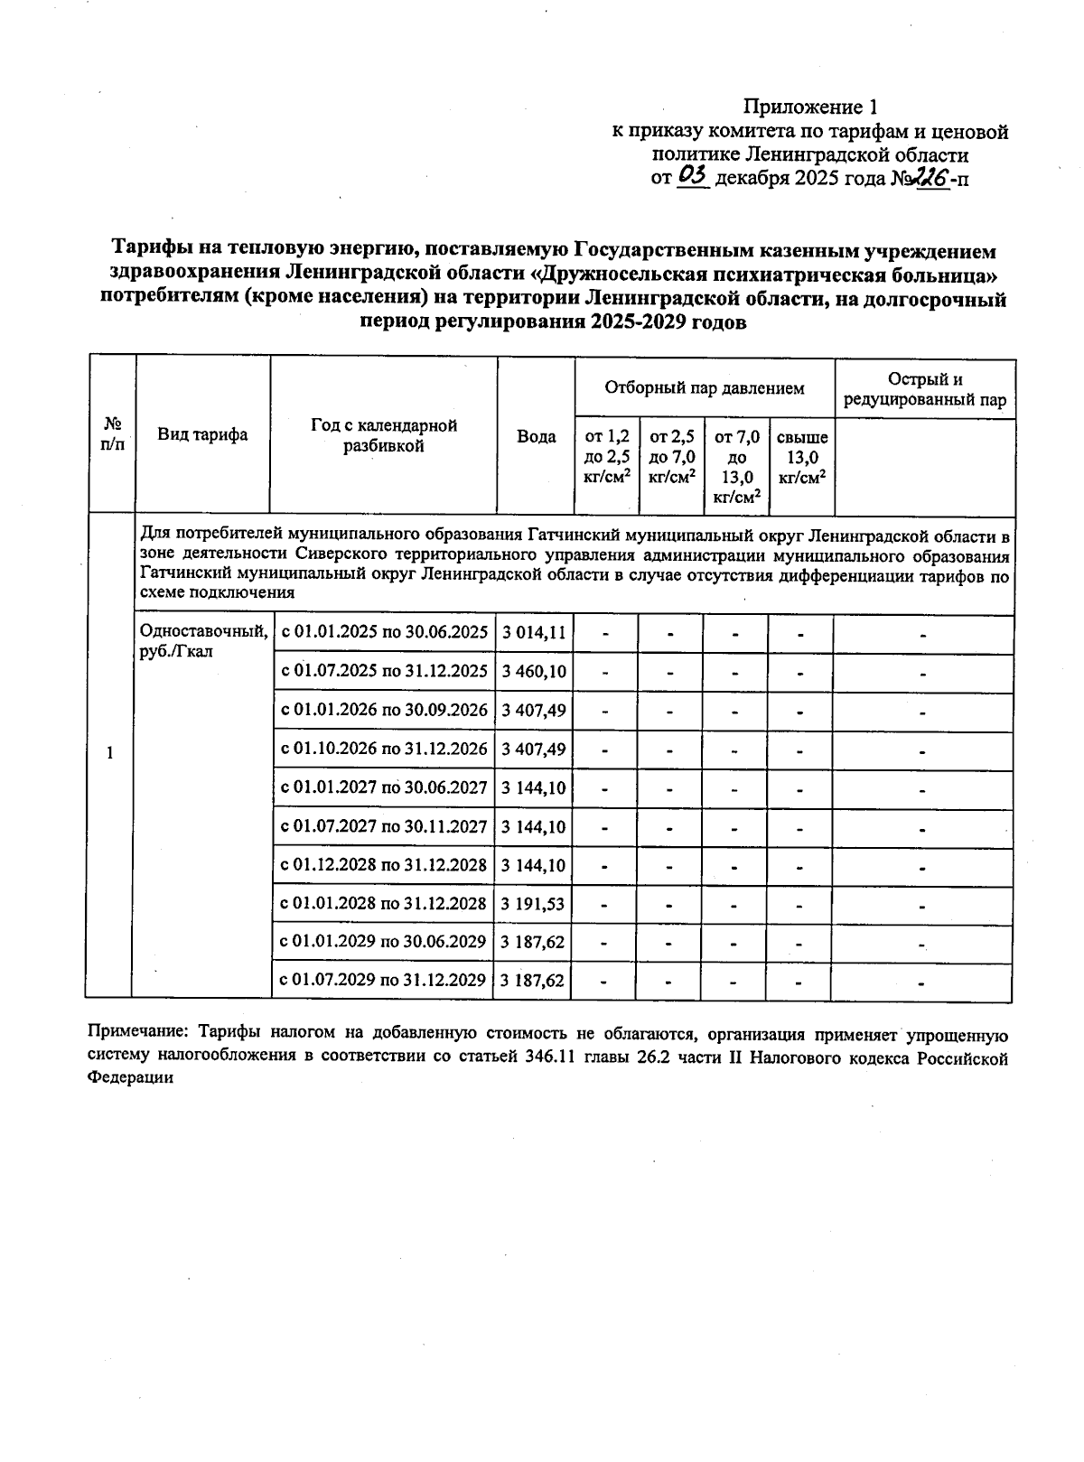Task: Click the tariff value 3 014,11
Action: (534, 633)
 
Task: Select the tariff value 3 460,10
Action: (534, 672)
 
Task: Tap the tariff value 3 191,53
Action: (534, 904)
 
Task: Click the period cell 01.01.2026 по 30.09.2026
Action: (385, 711)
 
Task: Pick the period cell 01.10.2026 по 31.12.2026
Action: (385, 750)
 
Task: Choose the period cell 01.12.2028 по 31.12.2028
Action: (385, 865)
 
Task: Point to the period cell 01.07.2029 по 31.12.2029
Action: (385, 980)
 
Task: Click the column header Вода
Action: (536, 437)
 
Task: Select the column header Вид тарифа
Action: (203, 435)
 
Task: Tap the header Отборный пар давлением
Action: (704, 388)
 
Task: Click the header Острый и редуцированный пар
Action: (924, 390)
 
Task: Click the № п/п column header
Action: (112, 435)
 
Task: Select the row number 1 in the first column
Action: (110, 753)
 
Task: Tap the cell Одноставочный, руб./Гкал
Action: (201, 640)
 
